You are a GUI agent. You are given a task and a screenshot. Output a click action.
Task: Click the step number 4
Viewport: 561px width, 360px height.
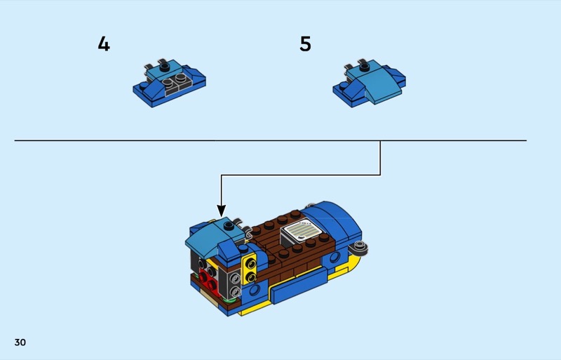click(104, 44)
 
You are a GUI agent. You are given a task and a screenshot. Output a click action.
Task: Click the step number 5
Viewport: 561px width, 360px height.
click(305, 44)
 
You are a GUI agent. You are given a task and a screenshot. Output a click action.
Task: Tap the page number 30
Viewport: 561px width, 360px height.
click(20, 342)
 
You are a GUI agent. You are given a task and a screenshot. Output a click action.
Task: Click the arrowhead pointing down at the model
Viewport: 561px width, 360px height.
click(222, 210)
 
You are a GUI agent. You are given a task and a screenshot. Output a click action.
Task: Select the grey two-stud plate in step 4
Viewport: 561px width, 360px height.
click(173, 85)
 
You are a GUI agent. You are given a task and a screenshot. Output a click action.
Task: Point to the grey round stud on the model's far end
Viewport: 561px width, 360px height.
click(361, 247)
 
